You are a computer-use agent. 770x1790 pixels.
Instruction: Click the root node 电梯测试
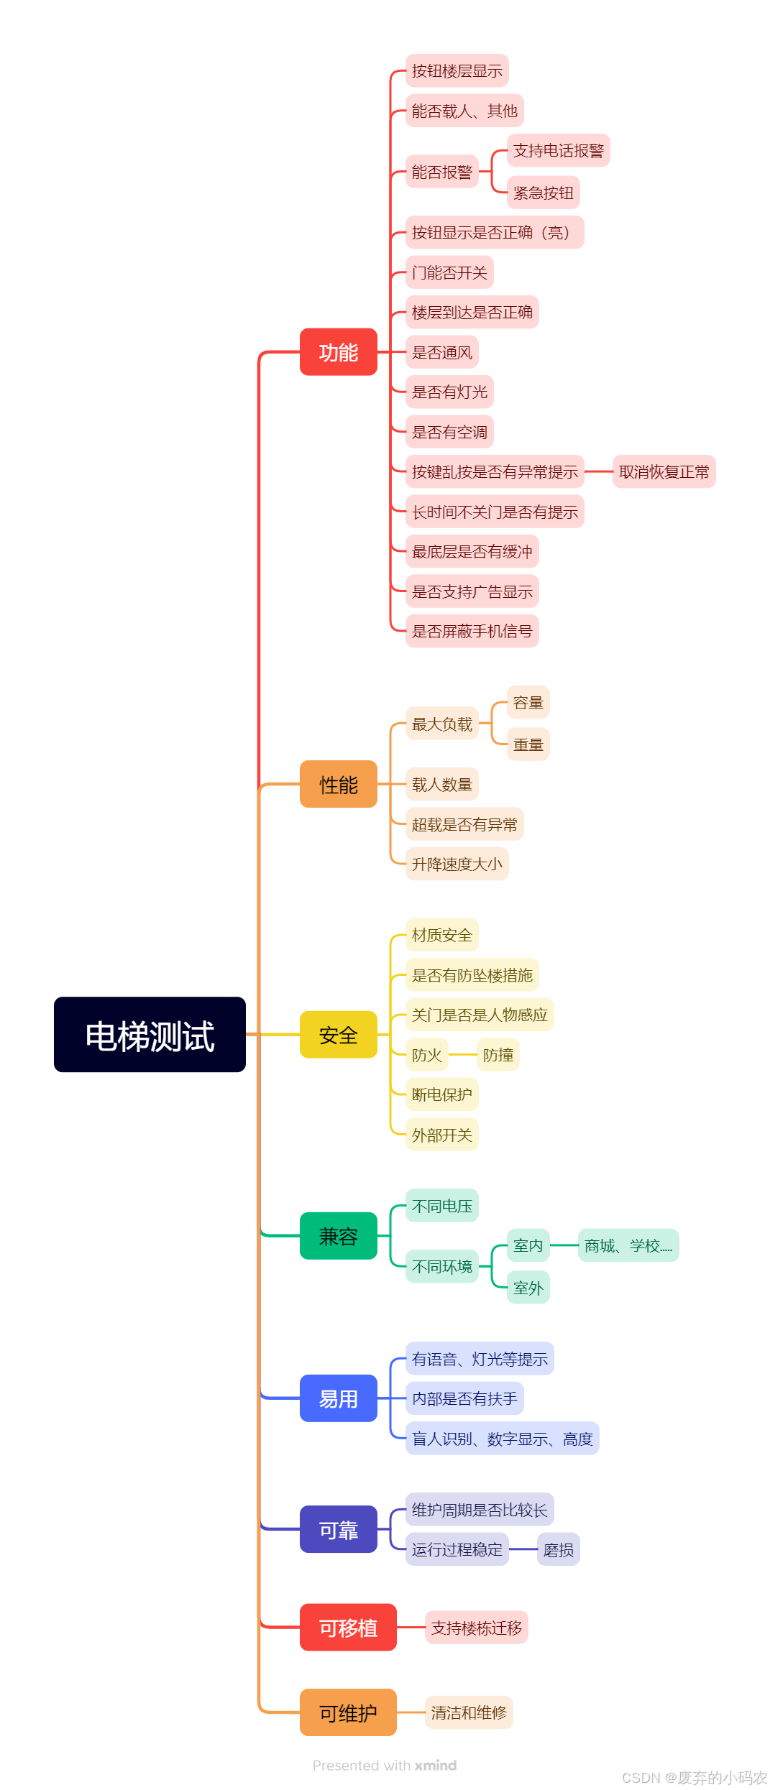(150, 1035)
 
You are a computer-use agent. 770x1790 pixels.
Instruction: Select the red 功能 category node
(338, 352)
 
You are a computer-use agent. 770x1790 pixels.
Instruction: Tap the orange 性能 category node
(338, 784)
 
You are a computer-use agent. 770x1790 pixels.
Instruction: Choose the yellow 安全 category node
(338, 1035)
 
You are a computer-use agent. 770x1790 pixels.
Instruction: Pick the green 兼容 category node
(338, 1236)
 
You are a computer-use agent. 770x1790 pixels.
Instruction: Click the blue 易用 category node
(338, 1398)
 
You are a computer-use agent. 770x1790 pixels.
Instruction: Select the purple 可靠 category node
(338, 1529)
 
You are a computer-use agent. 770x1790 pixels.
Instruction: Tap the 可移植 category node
(348, 1628)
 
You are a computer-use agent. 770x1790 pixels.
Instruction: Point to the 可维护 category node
(348, 1712)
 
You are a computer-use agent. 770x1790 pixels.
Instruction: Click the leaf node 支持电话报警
(558, 151)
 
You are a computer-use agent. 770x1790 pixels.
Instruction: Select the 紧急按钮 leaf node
(543, 193)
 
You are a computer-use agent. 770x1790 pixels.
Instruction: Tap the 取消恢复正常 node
(664, 472)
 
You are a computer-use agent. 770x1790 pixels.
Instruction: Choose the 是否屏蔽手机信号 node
(472, 632)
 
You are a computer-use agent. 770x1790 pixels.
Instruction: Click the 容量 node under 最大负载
(528, 702)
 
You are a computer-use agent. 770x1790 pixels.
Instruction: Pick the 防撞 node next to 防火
(498, 1055)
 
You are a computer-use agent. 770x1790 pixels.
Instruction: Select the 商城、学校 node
(628, 1245)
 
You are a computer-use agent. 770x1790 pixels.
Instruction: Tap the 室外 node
(528, 1288)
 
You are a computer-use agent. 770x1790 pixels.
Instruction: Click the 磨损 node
(558, 1550)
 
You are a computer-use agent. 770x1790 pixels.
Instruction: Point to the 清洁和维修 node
(469, 1712)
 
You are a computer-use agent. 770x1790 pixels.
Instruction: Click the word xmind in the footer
(436, 1766)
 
